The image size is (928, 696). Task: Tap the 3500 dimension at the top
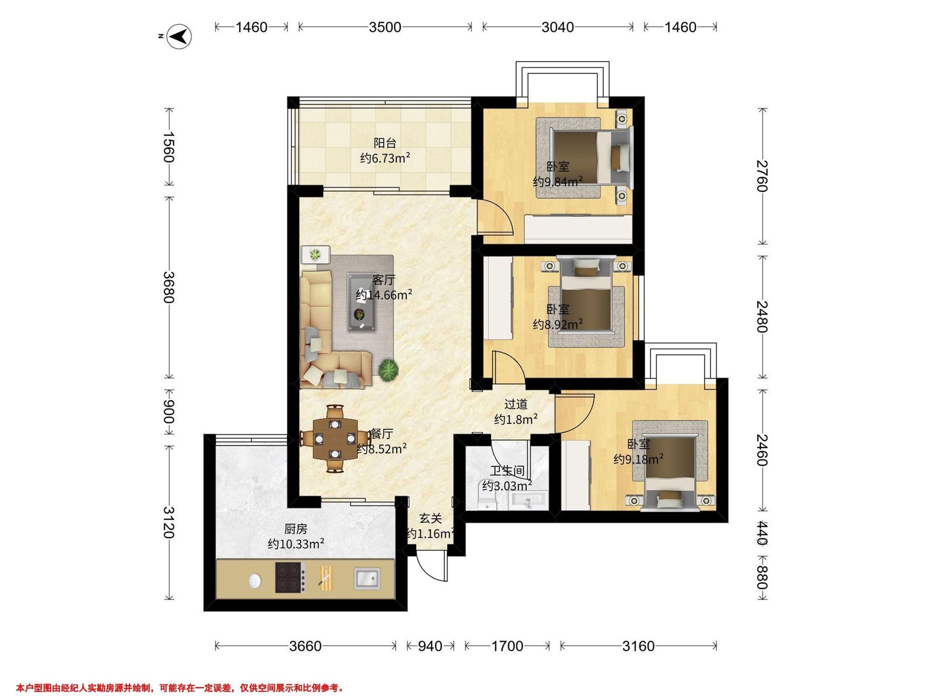[x=385, y=27]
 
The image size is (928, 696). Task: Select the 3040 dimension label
[x=558, y=27]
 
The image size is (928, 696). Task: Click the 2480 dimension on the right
[x=762, y=317]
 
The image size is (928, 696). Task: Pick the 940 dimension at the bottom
[x=430, y=646]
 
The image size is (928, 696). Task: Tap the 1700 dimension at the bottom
[x=507, y=646]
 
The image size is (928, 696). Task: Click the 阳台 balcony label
[x=385, y=143]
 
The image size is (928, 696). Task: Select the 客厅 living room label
[x=384, y=280]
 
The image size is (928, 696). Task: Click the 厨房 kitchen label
[x=296, y=529]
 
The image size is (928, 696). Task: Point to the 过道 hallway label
[x=515, y=404]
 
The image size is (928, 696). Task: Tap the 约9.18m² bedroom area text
[x=638, y=459]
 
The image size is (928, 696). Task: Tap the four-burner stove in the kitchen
[x=290, y=577]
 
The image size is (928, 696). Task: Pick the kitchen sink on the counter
[x=367, y=578]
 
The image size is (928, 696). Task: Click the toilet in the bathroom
[x=487, y=499]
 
